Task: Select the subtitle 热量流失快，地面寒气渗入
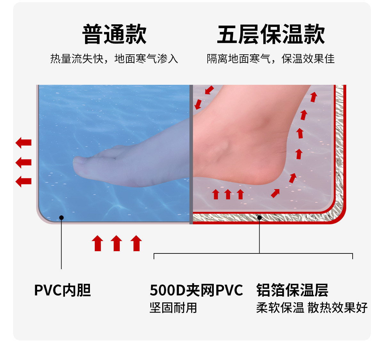tap(114, 59)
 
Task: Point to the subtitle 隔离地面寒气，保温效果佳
tap(271, 59)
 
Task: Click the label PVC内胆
tap(63, 290)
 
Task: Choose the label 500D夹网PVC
tap(196, 290)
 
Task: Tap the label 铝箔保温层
tap(292, 290)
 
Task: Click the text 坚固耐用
tap(173, 308)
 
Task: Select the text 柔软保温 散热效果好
tap(312, 308)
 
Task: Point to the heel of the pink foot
tap(272, 173)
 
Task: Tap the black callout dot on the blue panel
tap(61, 218)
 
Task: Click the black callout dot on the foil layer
tap(260, 218)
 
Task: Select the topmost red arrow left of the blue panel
tap(24, 143)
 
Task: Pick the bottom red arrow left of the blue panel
tap(24, 181)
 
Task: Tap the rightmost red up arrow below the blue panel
tap(136, 243)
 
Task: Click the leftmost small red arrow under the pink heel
tap(216, 194)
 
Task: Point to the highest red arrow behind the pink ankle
tap(314, 96)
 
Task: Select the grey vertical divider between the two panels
tap(191, 154)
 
